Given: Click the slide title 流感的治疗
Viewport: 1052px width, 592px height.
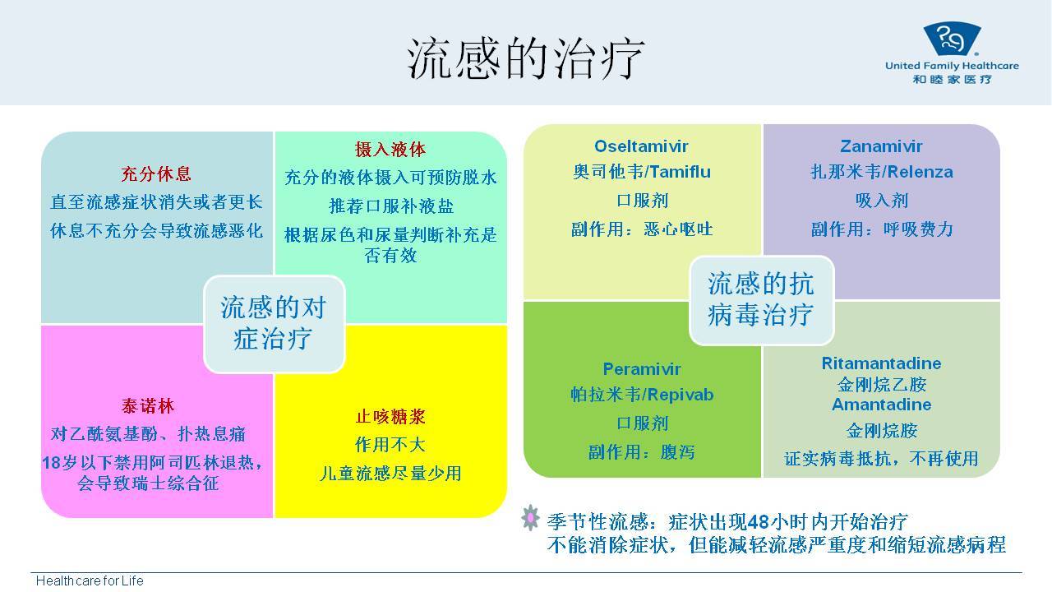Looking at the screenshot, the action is pyautogui.click(x=525, y=58).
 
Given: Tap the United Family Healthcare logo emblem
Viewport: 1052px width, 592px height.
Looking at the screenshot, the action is pyautogui.click(x=952, y=39).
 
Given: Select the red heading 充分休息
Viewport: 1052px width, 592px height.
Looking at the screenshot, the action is pyautogui.click(x=156, y=173).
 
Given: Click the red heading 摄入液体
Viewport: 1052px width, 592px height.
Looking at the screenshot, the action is pyautogui.click(x=390, y=150).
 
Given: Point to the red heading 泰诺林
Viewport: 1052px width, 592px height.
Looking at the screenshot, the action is pyautogui.click(x=148, y=406).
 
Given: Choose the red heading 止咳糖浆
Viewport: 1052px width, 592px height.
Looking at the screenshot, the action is pyautogui.click(x=390, y=417).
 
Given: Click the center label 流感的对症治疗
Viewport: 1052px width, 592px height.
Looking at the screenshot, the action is pyautogui.click(x=274, y=323).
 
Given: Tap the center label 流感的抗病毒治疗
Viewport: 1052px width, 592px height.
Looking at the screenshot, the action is pyautogui.click(x=761, y=299).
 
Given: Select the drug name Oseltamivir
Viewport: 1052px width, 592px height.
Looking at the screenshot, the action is pyautogui.click(x=642, y=146).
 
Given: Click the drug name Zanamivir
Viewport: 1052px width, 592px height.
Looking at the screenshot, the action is pyautogui.click(x=881, y=146).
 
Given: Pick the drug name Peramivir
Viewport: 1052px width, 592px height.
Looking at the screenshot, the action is pyautogui.click(x=642, y=369).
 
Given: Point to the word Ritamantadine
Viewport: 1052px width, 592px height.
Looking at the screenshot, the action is pyautogui.click(x=881, y=363).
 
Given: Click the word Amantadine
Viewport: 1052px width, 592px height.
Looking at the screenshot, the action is pyautogui.click(x=881, y=405).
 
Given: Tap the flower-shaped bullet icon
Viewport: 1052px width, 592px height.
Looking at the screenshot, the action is pyautogui.click(x=530, y=517).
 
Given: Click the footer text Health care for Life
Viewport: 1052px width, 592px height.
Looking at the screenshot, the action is pyautogui.click(x=90, y=580).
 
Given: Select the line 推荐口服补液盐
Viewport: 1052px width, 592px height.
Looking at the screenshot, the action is pyautogui.click(x=391, y=206).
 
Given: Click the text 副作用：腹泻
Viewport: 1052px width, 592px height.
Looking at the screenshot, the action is pyautogui.click(x=642, y=452).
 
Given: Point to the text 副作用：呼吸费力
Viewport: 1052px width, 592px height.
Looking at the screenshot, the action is pyautogui.click(x=882, y=229).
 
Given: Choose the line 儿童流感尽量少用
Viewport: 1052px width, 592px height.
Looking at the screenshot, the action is pyautogui.click(x=390, y=474).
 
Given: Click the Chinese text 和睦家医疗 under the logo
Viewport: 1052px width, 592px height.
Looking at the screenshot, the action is pyautogui.click(x=952, y=80).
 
